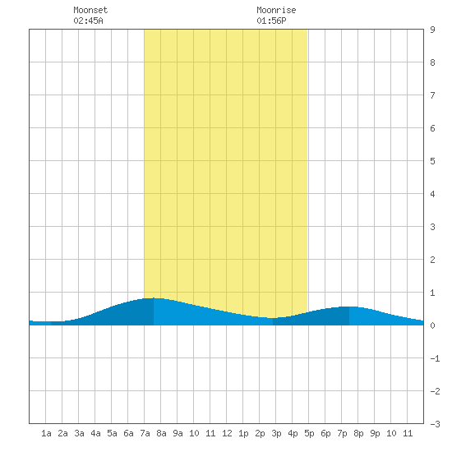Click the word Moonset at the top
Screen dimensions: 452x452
(x=90, y=10)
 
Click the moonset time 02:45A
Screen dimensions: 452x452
(x=88, y=21)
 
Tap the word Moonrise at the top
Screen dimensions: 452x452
(x=276, y=10)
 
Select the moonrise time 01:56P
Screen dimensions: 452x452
(x=271, y=21)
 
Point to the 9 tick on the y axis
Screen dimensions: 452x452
(x=432, y=30)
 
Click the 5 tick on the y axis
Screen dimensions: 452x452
(x=432, y=161)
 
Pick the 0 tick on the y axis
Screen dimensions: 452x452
(x=432, y=325)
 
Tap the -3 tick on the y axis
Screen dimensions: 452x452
(x=435, y=424)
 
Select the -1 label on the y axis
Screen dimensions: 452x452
(x=435, y=358)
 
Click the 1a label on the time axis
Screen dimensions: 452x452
(x=46, y=433)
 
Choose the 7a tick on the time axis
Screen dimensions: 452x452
(x=145, y=433)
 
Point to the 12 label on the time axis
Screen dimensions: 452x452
(x=227, y=433)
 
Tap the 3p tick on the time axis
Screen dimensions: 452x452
(x=276, y=433)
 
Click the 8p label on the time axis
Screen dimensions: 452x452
(x=358, y=433)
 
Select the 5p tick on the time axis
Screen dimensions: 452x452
(x=309, y=433)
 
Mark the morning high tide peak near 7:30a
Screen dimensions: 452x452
(x=154, y=298)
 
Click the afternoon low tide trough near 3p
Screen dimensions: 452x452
(x=273, y=318)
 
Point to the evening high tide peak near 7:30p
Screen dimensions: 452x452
(x=349, y=307)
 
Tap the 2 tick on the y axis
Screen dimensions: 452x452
(x=432, y=260)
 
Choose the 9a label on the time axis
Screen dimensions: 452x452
(x=178, y=433)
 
